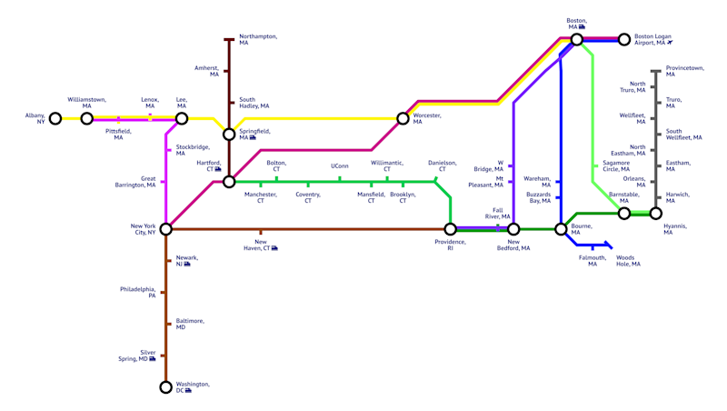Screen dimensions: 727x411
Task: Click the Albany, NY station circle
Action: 55,119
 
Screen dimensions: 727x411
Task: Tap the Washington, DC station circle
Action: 166,386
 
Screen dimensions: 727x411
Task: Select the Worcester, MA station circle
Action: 403,119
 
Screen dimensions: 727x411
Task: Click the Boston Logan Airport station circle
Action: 624,39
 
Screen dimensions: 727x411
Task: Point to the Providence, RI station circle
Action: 450,229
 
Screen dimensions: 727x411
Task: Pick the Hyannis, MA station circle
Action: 655,214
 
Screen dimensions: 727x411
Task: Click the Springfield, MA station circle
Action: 229,135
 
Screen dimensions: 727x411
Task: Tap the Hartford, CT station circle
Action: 229,182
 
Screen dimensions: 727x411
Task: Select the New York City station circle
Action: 166,229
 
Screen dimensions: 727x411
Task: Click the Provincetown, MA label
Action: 685,71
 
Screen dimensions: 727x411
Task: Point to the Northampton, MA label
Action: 258,39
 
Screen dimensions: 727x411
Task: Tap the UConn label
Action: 339,166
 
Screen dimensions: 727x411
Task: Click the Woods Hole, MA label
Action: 628,261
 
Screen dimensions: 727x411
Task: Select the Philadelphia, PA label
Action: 138,292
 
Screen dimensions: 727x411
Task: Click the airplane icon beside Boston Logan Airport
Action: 670,43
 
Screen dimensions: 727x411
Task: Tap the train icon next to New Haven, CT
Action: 274,248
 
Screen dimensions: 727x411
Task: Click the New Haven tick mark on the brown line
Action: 261,232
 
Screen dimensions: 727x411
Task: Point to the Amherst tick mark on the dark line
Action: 226,71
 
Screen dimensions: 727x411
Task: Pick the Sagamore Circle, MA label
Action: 616,166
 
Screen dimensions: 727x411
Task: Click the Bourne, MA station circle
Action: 561,229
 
